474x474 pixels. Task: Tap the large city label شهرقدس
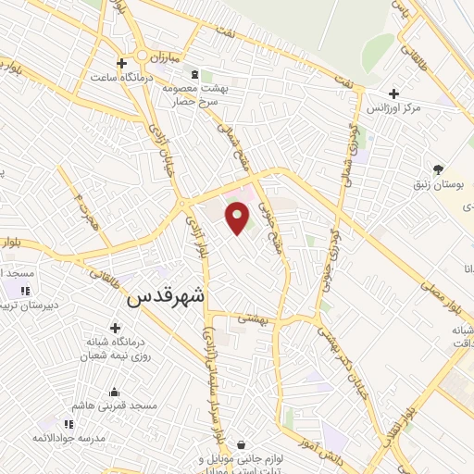point(168,296)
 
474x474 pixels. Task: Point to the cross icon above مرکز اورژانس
point(395,94)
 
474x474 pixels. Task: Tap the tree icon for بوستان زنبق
point(438,169)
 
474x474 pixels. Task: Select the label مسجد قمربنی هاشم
point(118,405)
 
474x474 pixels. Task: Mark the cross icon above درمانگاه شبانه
point(115,327)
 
